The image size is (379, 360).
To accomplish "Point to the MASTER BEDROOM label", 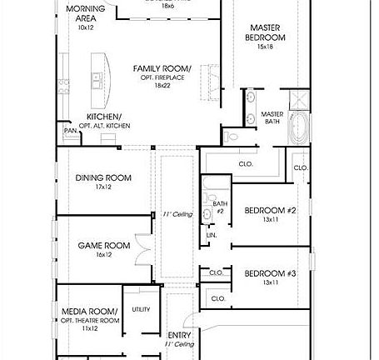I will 265,32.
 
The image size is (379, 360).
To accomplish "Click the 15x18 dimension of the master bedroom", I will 265,47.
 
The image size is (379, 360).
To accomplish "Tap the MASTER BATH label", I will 272,118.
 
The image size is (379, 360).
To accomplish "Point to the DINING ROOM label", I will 103,177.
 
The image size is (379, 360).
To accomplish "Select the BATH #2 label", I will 220,207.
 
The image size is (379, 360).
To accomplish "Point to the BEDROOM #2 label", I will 270,211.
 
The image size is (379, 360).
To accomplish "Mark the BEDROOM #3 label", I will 270,273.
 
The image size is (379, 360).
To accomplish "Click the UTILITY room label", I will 141,309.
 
